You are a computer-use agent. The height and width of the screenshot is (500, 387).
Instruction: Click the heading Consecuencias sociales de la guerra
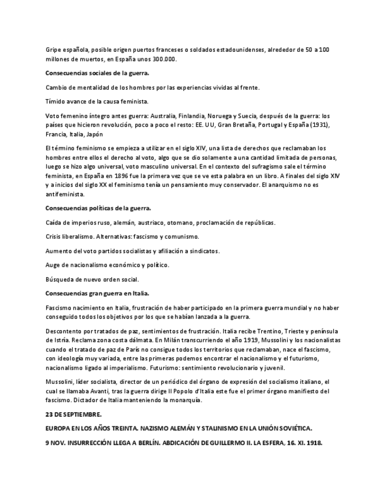97,73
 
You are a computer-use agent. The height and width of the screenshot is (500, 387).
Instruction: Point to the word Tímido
55,101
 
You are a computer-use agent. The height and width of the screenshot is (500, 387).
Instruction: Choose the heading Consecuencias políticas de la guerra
98,208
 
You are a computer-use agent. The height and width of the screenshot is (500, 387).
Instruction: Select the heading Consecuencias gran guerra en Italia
97,293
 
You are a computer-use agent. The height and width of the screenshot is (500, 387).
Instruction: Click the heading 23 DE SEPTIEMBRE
73,415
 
